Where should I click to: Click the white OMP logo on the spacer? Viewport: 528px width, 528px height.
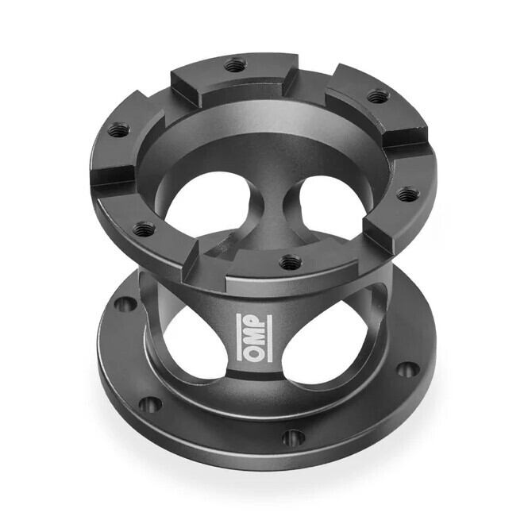(x=254, y=337)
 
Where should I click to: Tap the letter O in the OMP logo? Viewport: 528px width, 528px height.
(x=254, y=353)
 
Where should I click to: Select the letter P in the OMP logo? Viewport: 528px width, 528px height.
(x=254, y=321)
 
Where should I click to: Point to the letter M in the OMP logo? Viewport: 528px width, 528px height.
(x=254, y=337)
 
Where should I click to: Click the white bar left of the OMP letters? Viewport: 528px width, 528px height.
(x=240, y=337)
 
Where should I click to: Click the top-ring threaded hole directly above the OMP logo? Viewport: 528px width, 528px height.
(x=291, y=260)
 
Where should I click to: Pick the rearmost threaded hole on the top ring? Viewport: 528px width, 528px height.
(x=235, y=64)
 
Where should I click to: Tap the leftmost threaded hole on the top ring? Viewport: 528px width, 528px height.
(x=118, y=129)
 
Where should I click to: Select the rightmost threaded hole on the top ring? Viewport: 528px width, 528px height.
(x=408, y=194)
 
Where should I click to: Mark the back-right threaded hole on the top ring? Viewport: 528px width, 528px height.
(x=378, y=96)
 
